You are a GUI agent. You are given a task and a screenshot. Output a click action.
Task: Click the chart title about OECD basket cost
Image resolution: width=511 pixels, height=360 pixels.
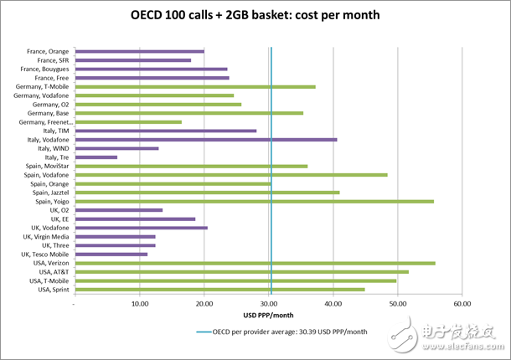click(255, 16)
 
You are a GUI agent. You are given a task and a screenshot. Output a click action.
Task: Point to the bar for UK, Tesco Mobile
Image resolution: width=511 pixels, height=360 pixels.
click(111, 254)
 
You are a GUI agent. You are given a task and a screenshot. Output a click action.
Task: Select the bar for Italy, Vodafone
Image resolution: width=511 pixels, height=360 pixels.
click(206, 139)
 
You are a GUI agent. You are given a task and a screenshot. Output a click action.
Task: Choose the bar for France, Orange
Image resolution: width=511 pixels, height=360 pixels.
click(140, 51)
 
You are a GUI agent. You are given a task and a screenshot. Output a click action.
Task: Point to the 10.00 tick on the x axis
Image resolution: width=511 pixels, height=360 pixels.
click(139, 304)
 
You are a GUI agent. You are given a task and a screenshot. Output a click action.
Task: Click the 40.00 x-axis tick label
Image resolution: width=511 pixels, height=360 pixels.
click(333, 304)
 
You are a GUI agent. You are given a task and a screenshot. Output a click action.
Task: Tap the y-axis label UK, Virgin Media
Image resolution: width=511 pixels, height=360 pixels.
click(46, 236)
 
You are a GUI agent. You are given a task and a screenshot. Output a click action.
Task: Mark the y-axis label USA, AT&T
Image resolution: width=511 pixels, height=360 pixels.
click(53, 271)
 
